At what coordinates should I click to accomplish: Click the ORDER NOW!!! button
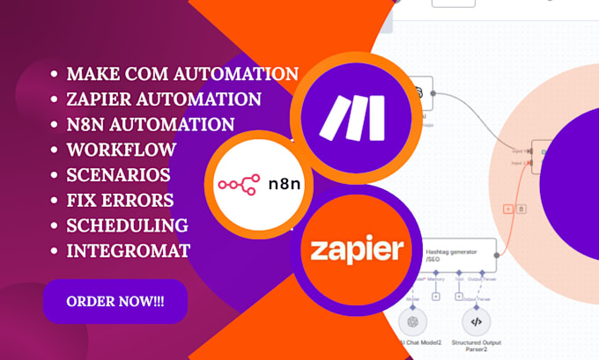click(115, 302)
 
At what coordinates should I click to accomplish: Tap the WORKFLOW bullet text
click(121, 150)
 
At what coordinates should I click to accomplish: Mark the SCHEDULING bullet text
click(127, 225)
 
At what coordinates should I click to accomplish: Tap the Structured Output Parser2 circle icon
click(476, 322)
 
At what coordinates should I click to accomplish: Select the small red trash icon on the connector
click(521, 209)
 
